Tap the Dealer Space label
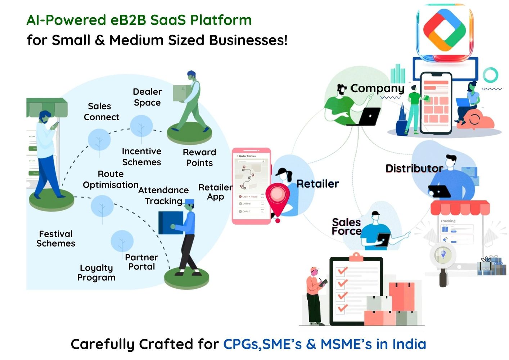[x=147, y=97]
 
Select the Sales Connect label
[x=101, y=112]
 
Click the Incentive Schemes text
[x=141, y=157]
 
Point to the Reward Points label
[x=199, y=158]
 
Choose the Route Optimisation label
[x=111, y=179]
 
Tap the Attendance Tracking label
[x=163, y=195]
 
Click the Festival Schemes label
[x=56, y=239]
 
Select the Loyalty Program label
[x=96, y=273]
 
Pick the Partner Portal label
[x=141, y=262]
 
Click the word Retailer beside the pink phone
[x=317, y=184]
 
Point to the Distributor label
[x=414, y=168]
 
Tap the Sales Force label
[x=346, y=226]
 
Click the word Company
[x=377, y=88]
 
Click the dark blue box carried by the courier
[x=170, y=222]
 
